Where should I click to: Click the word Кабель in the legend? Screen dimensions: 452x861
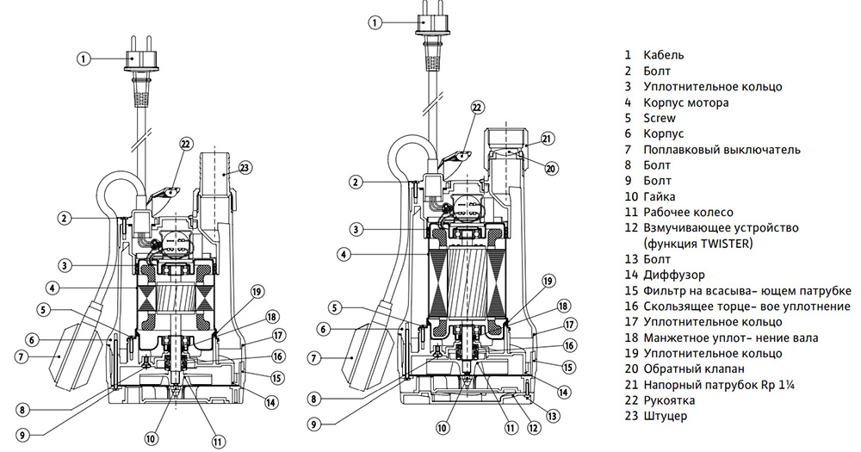tap(664, 55)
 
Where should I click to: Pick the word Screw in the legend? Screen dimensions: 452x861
tap(660, 118)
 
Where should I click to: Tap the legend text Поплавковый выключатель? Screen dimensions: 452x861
tap(721, 150)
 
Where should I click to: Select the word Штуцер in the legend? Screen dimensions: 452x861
tap(665, 417)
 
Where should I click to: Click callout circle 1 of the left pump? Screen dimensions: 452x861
tap(84, 59)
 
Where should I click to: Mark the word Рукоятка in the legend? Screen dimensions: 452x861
tap(669, 400)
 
